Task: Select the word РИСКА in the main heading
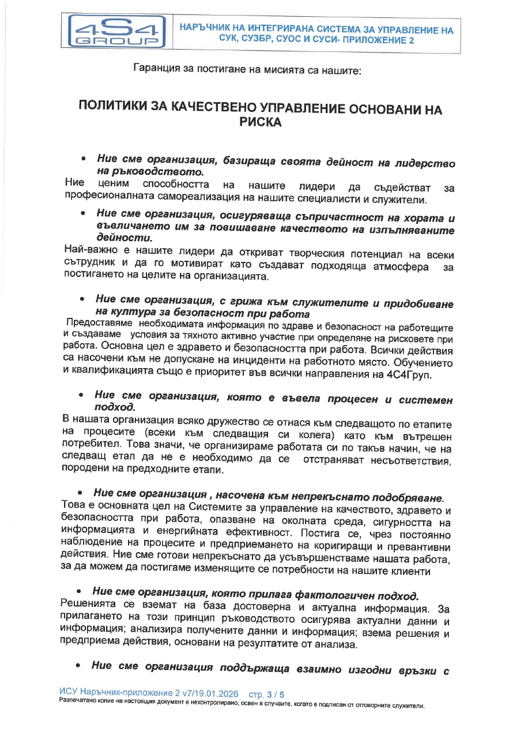coord(262,122)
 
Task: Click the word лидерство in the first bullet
coord(425,163)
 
